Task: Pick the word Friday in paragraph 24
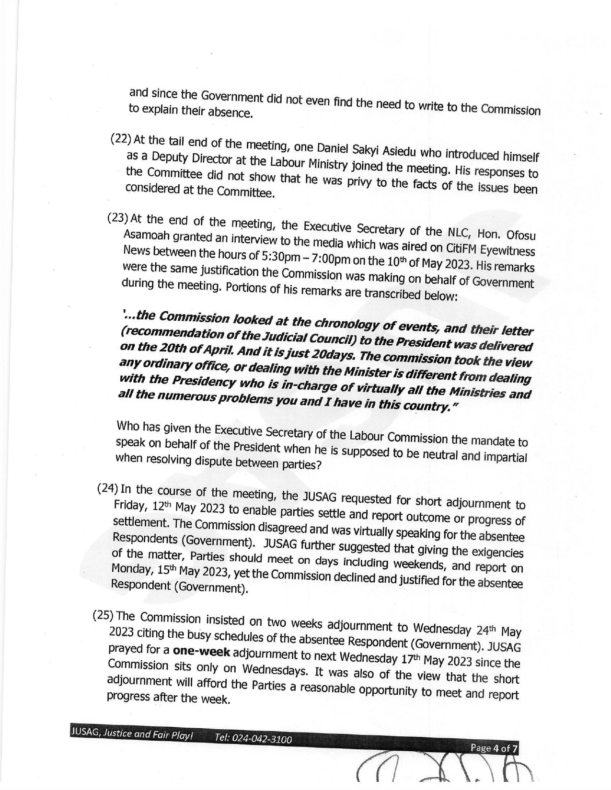coord(127,506)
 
